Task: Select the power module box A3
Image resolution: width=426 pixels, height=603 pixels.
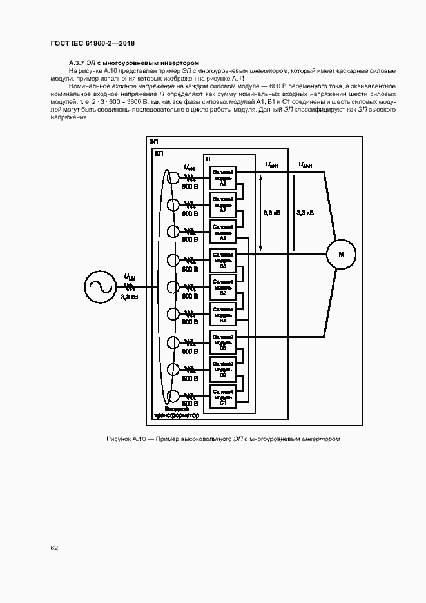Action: [222, 178]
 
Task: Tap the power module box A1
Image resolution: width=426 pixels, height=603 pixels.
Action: [222, 232]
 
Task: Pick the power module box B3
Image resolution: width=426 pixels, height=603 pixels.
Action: [222, 260]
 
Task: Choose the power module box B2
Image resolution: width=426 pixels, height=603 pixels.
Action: [222, 287]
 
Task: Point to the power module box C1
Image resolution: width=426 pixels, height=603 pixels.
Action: [222, 395]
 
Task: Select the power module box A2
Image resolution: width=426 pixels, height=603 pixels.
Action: [222, 204]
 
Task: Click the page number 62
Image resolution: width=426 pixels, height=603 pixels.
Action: [54, 548]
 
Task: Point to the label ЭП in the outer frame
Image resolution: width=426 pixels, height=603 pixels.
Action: [153, 141]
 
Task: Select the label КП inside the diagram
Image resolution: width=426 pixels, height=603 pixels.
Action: [159, 154]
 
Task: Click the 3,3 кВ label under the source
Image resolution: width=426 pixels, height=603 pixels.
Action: [129, 297]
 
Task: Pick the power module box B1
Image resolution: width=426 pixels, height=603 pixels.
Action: [222, 315]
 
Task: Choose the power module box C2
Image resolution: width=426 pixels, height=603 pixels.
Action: [222, 370]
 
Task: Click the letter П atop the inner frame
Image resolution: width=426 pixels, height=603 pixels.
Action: [208, 159]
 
